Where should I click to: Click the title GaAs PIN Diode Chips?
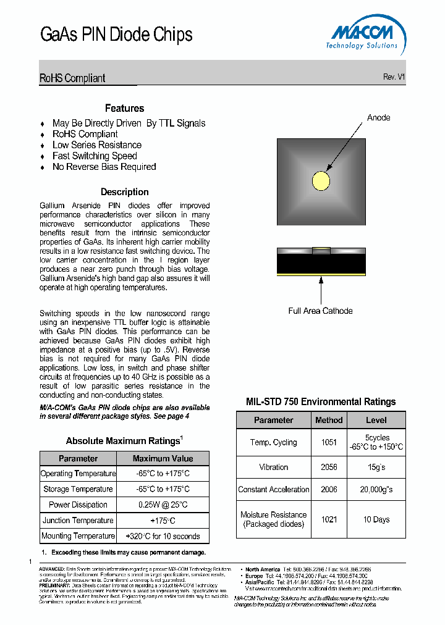[x=116, y=35]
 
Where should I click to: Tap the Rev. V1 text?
[x=394, y=77]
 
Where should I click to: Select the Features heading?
[x=124, y=108]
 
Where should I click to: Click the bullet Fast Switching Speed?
[x=95, y=156]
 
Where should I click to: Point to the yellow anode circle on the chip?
[x=321, y=181]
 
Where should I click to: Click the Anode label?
[x=378, y=117]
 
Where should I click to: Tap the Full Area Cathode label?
[x=320, y=311]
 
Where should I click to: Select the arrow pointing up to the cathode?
[x=321, y=289]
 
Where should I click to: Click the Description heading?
[x=124, y=192]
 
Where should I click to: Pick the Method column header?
[x=329, y=420]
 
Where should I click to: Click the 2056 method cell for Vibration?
[x=329, y=467]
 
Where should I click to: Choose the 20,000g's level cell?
[x=376, y=489]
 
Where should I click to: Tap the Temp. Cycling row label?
[x=273, y=442]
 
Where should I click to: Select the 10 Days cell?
[x=376, y=519]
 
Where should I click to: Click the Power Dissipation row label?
[x=78, y=505]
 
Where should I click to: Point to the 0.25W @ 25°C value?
[x=163, y=505]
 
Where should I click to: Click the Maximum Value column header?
[x=163, y=458]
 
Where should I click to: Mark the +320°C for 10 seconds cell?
[x=163, y=536]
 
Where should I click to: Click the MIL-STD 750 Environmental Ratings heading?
[x=320, y=401]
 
